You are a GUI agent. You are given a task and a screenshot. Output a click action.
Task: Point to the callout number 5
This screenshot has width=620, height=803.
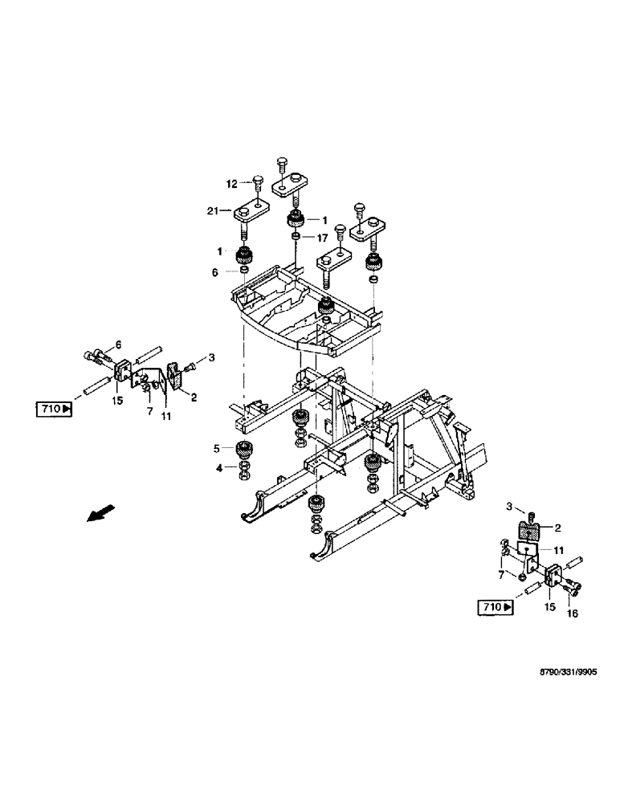pos(216,448)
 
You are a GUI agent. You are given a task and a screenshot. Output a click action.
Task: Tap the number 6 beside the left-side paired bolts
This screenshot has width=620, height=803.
pos(118,344)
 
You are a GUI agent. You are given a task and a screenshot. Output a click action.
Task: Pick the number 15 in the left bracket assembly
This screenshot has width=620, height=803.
pos(118,399)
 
